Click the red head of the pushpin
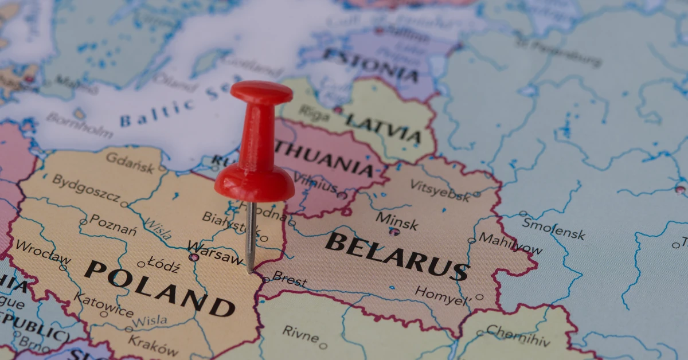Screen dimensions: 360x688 [x=261, y=92]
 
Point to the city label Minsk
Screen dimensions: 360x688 [x=397, y=220]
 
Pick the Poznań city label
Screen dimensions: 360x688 [x=114, y=224]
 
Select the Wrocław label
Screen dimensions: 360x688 [x=43, y=252]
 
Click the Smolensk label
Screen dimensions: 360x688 [x=553, y=229]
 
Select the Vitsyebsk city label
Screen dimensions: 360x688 [x=440, y=189]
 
